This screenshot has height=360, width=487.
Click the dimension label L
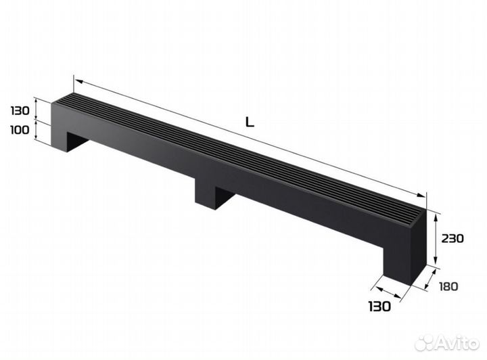[x=250, y=122]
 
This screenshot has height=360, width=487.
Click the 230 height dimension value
[x=453, y=239]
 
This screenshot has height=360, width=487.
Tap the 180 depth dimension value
[x=448, y=286]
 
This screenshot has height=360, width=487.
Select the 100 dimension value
[x=20, y=130]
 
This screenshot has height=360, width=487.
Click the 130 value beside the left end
[x=20, y=110]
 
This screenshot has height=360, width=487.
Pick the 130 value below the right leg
[x=379, y=307]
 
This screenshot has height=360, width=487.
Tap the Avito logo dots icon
[x=425, y=342]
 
